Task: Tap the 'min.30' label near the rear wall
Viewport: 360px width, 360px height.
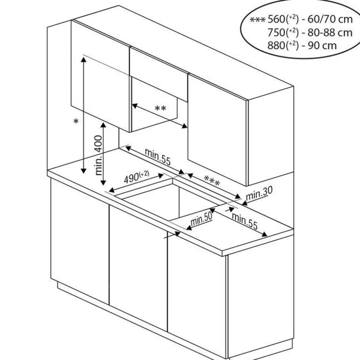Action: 259,193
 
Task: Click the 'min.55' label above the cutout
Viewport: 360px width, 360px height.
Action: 157,156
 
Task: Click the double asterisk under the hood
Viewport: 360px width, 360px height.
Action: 160,108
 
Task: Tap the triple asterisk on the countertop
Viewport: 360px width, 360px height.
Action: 212,181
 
